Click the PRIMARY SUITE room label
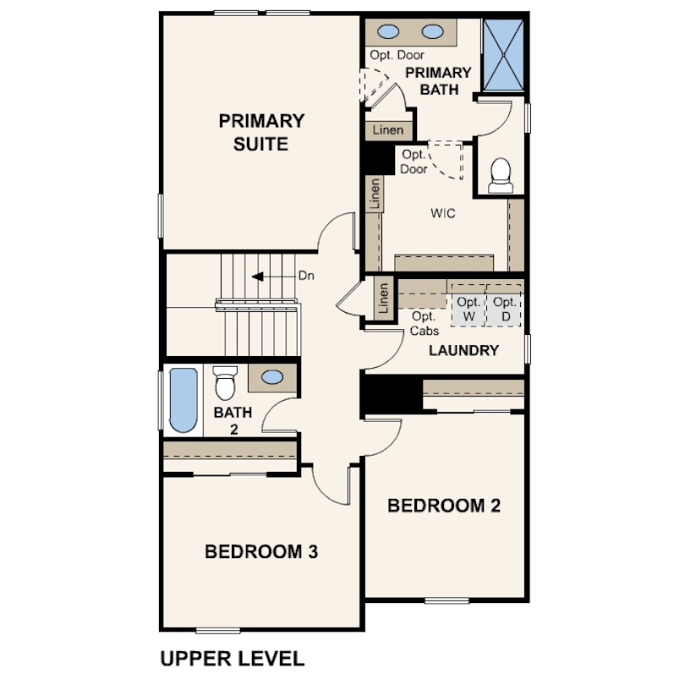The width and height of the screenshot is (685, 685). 261,133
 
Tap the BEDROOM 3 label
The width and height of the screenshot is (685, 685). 261,551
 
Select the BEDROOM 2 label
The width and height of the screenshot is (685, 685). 444,506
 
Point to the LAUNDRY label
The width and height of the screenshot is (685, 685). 463,350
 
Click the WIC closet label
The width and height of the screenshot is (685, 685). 443,213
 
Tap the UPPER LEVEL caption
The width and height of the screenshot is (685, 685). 233,659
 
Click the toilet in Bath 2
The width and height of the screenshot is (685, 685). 225,383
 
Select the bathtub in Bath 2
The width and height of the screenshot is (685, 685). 183,400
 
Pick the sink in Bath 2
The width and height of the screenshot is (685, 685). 271,377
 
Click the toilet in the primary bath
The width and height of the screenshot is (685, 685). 501,176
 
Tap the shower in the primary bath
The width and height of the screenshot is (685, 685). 504,55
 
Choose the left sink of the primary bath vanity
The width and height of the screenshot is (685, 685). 388,31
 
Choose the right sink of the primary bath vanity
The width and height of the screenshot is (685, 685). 432,31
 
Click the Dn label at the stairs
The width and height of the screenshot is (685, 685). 306,276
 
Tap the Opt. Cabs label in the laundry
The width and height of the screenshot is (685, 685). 425,324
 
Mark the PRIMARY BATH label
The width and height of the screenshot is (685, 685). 439,81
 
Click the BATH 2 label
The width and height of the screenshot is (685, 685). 233,420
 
